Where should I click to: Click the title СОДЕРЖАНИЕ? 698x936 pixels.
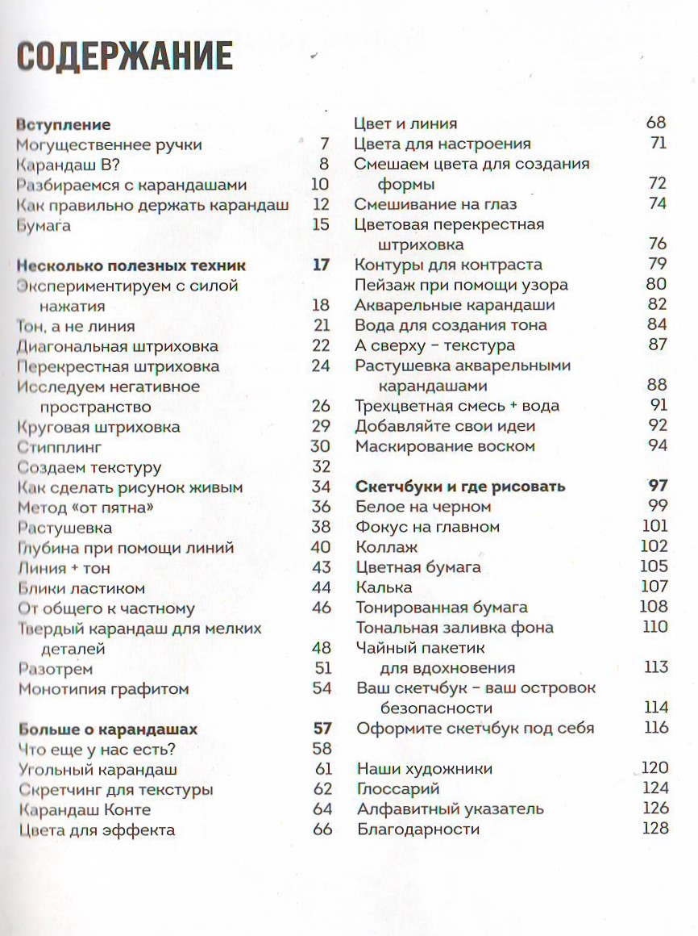coord(125,57)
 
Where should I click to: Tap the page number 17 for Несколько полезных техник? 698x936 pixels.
coord(321,265)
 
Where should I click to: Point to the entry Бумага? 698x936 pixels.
coord(44,225)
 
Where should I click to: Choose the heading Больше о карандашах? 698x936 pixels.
coord(107,729)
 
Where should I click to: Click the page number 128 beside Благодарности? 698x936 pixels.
coord(654,829)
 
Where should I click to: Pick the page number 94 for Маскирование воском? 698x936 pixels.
coord(657,446)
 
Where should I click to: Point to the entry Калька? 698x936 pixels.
coord(384,587)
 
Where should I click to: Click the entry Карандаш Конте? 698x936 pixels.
coord(84,809)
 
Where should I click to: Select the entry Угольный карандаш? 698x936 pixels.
coord(98,770)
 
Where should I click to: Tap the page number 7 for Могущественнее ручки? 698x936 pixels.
coord(325,145)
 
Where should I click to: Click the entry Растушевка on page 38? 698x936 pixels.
coord(64,528)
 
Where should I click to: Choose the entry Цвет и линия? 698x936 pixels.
coord(405,123)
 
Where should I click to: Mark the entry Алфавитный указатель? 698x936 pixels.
coord(450,809)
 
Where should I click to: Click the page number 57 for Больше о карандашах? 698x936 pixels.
coord(322,729)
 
